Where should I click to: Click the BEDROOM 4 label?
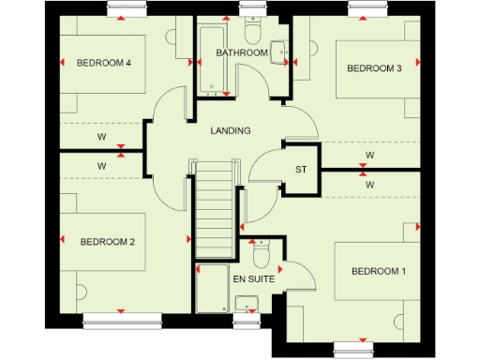(x=103, y=63)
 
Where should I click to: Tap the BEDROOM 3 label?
(x=374, y=67)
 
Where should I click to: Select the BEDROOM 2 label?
(x=108, y=242)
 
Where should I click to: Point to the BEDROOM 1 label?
(x=379, y=272)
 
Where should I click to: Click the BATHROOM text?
(x=242, y=53)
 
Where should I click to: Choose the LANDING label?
(x=230, y=130)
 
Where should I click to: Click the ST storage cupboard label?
(x=301, y=170)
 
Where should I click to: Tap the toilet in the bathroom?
(x=278, y=52)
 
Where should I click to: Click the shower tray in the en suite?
(x=211, y=291)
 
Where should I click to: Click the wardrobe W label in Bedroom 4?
(x=100, y=137)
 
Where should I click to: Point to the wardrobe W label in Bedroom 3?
(x=369, y=155)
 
